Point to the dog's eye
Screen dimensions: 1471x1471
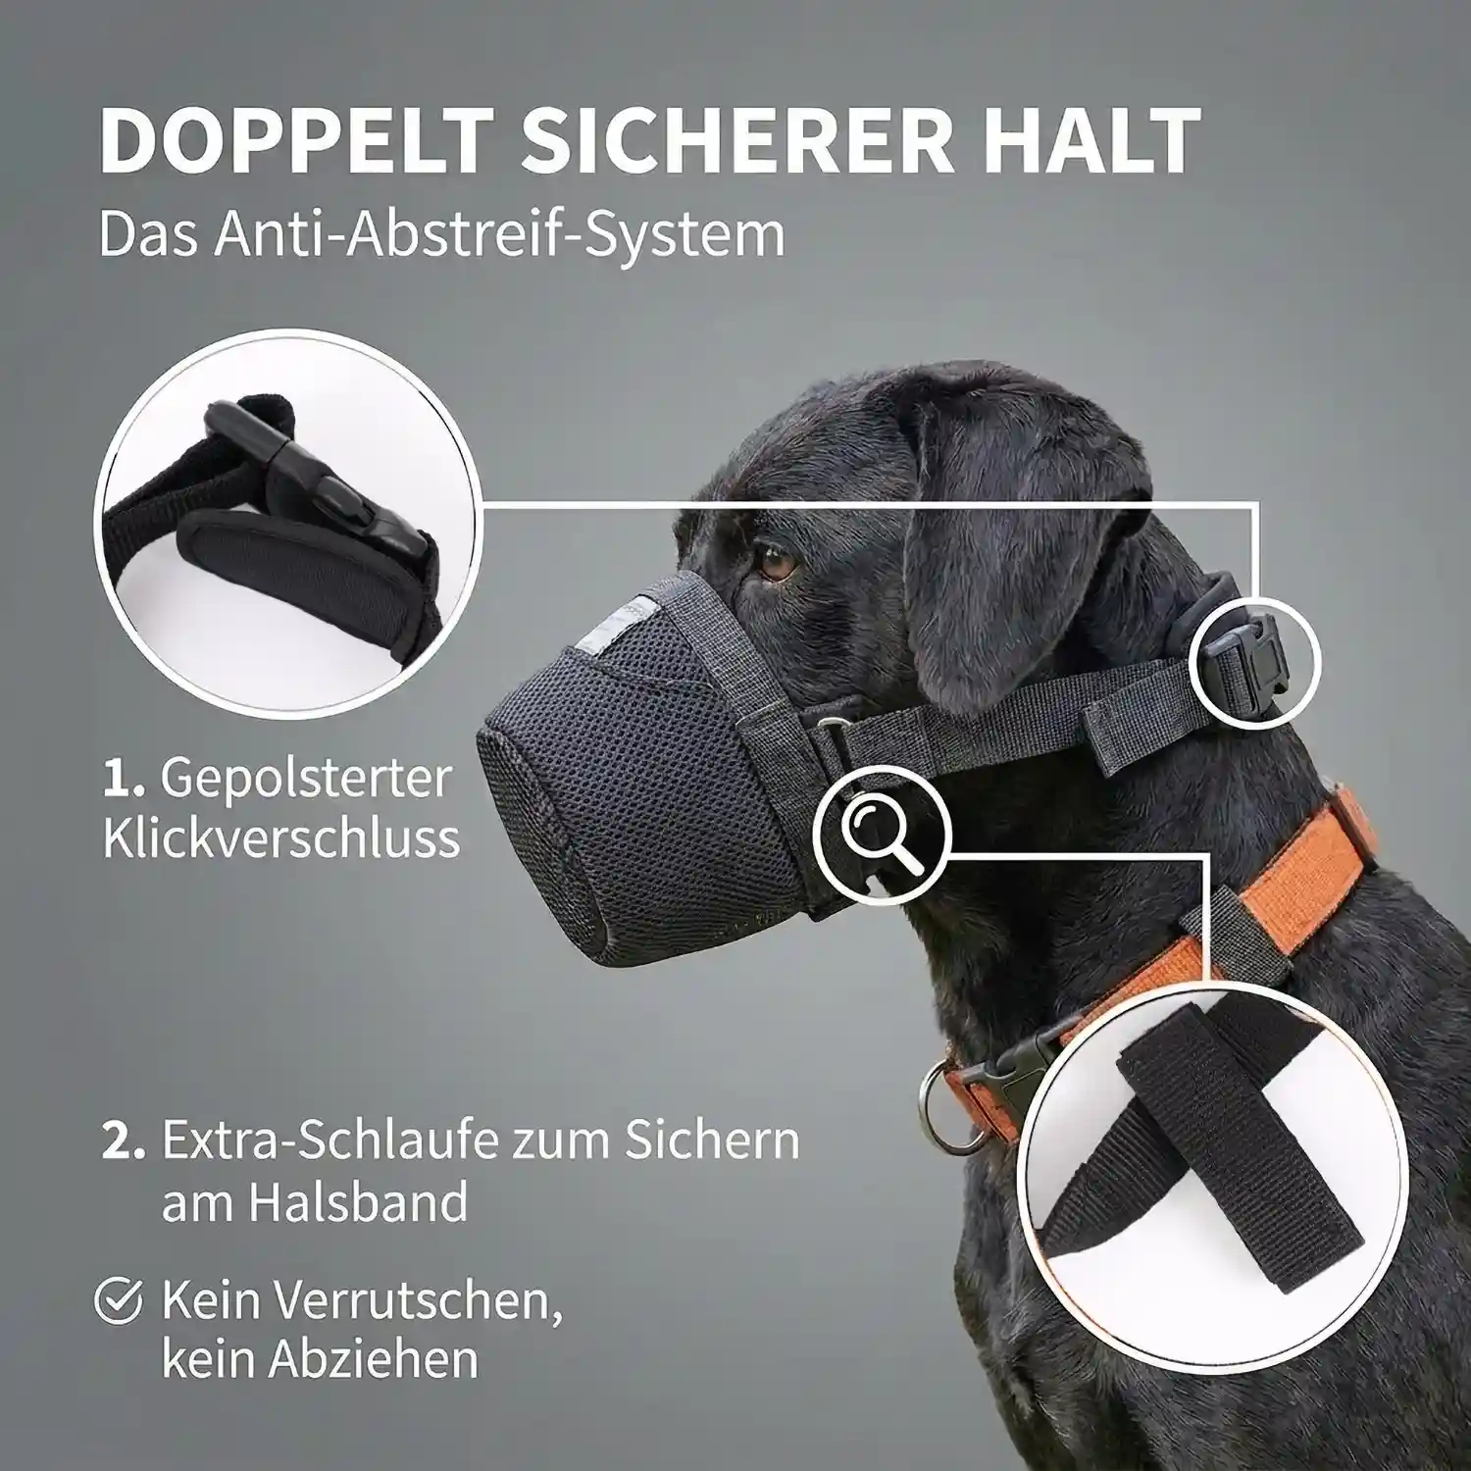[776, 566]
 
